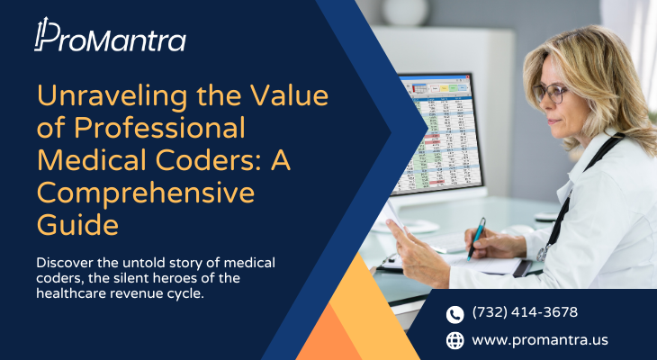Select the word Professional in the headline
[x=159, y=128]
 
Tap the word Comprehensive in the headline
[x=146, y=193]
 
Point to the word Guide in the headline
[x=77, y=225]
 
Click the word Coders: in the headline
[x=202, y=160]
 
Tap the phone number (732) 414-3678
[x=525, y=312]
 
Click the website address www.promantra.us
[x=540, y=340]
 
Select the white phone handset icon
[x=454, y=314]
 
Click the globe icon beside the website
[x=454, y=340]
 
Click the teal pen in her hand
[x=476, y=238]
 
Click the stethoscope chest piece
[x=542, y=254]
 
